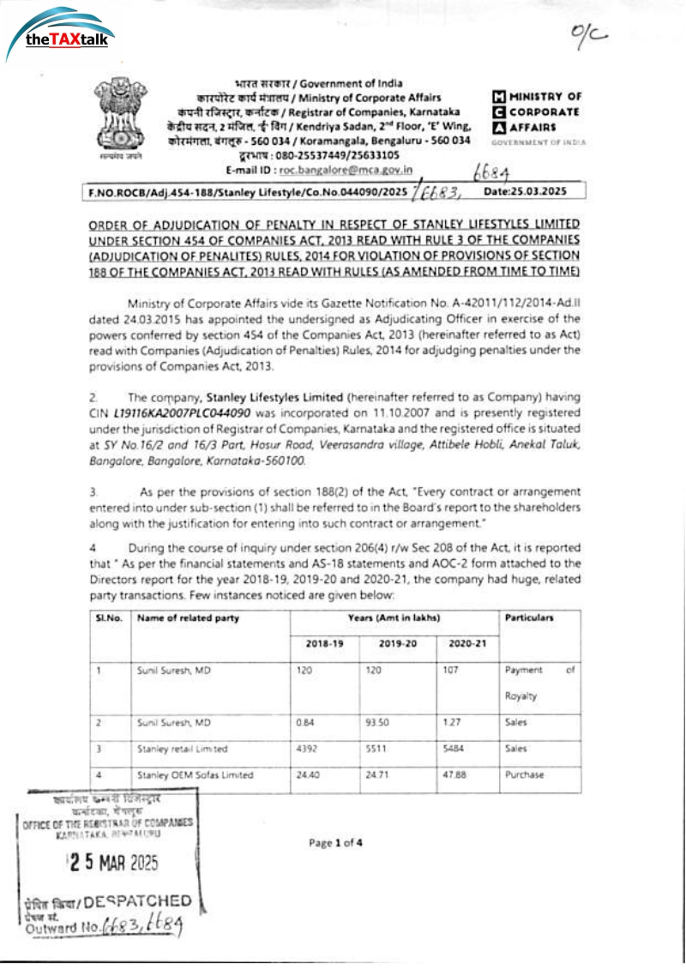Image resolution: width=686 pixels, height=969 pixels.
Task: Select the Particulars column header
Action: [528, 617]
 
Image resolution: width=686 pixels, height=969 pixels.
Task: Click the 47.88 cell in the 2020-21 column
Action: [450, 774]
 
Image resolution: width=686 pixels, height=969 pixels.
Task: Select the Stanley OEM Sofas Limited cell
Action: [196, 774]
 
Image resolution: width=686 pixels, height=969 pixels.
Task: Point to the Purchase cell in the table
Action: [522, 774]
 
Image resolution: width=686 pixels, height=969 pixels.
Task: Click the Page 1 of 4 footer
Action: [336, 842]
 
